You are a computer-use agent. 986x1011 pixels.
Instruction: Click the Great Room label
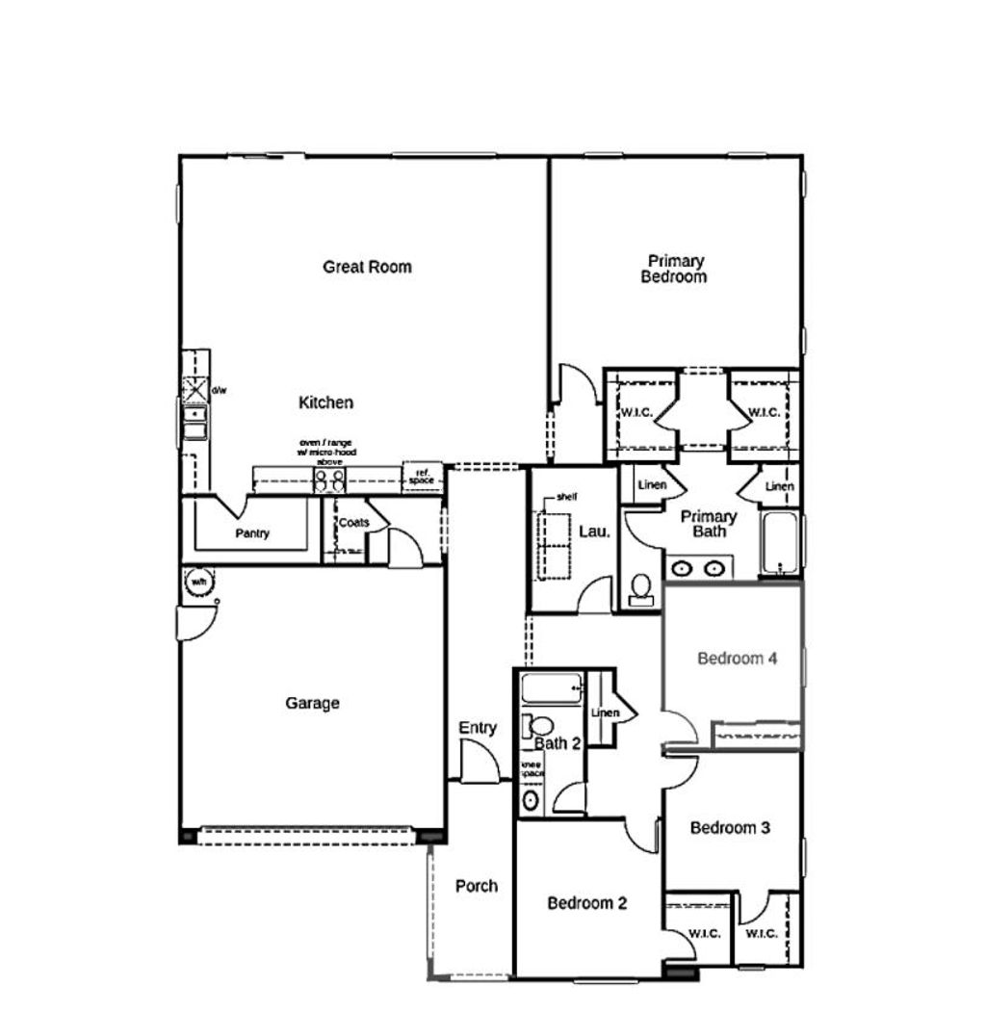coord(367,267)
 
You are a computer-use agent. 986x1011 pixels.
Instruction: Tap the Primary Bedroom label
coord(675,269)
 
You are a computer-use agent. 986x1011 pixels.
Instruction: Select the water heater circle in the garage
coord(198,583)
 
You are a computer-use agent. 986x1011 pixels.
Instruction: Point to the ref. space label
coord(421,477)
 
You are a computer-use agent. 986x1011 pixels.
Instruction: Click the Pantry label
coord(252,533)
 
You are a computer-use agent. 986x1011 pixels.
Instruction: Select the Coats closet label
coord(353,523)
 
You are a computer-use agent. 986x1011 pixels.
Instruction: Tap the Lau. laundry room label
coord(594,531)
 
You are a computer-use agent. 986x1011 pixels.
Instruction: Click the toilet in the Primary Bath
coord(641,590)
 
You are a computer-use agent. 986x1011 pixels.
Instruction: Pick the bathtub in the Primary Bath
coord(779,544)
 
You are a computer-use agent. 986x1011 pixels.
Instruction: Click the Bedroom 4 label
coord(737,659)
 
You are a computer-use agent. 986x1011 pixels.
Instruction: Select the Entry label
coord(478,728)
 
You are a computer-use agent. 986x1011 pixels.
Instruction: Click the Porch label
coord(477,886)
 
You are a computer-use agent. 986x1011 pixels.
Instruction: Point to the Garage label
coord(312,703)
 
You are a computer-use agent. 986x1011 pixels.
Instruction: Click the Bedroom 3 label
coord(730,827)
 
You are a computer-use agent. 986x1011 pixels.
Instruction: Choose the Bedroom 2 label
coord(587,903)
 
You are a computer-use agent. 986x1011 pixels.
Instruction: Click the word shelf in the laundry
coord(567,498)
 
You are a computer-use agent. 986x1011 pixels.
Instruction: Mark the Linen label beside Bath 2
coord(605,713)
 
